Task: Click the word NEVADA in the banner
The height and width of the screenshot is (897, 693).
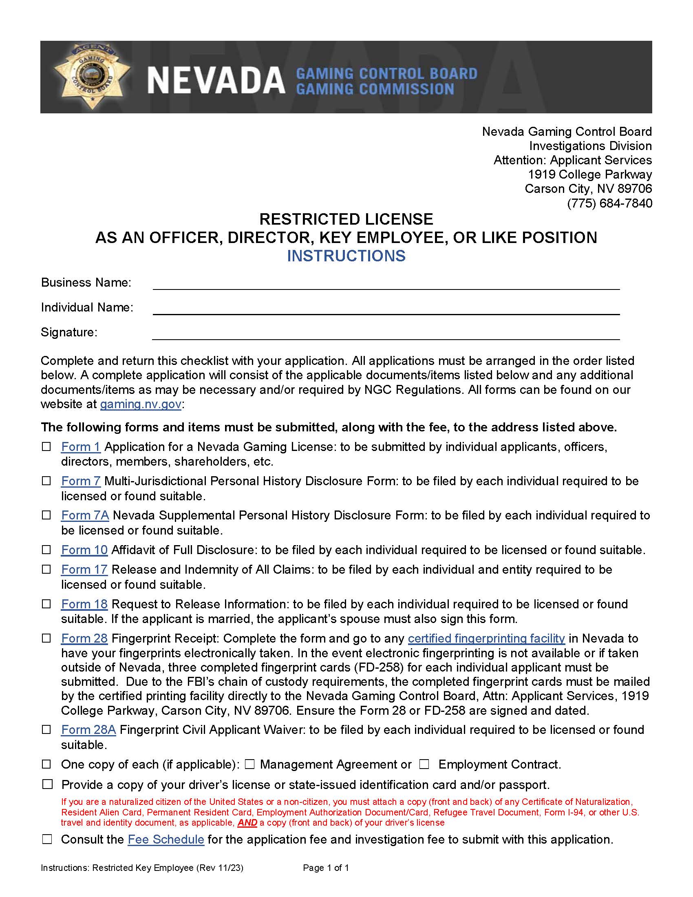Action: (x=216, y=80)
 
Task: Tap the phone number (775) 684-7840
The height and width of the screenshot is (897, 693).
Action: (x=609, y=203)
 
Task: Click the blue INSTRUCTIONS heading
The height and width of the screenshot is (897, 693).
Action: (x=346, y=256)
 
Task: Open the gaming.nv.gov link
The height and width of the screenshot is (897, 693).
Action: (x=140, y=404)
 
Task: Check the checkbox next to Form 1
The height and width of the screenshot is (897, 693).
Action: (x=47, y=446)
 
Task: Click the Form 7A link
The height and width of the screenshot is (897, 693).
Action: (x=85, y=515)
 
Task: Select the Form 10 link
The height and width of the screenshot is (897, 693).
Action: (x=84, y=550)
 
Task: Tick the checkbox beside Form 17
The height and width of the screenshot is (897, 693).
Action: (x=47, y=569)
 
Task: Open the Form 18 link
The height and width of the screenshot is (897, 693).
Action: (x=84, y=604)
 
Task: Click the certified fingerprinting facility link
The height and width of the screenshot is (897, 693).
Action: (x=486, y=639)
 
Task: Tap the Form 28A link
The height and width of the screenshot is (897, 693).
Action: (x=88, y=730)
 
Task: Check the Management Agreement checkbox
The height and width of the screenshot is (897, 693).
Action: (x=249, y=764)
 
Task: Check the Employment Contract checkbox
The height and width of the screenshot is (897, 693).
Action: (x=424, y=764)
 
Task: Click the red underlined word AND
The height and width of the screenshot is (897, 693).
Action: (x=247, y=823)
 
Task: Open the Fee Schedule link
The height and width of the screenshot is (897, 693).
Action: (x=166, y=840)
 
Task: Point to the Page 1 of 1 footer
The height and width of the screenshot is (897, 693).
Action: (x=326, y=868)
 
